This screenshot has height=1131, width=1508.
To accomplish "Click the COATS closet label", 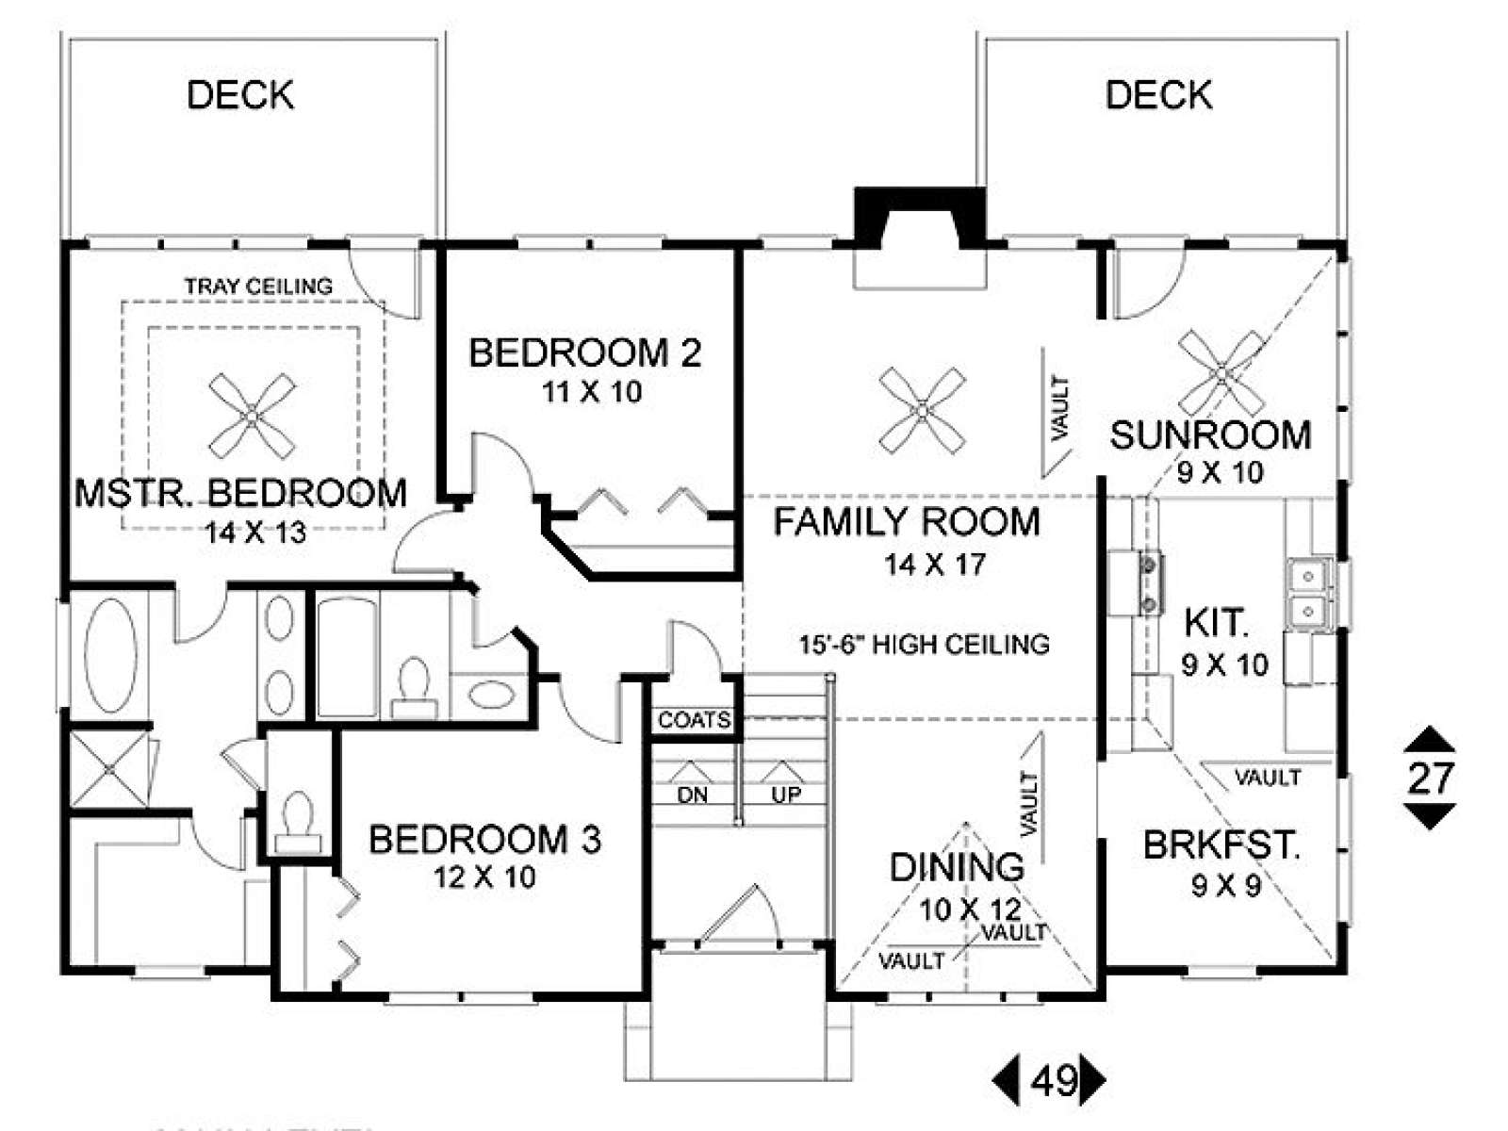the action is (694, 720).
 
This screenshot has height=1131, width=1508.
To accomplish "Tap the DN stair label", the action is (692, 795).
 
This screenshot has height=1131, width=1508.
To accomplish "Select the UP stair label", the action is (786, 795).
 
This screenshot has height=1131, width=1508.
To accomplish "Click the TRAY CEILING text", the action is (258, 287).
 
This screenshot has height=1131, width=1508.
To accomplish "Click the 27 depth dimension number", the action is (1430, 779).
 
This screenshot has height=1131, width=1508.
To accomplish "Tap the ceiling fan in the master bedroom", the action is (253, 417).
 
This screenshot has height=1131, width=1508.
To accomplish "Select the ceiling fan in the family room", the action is (923, 411).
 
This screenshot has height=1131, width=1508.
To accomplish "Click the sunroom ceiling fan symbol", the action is (1221, 374).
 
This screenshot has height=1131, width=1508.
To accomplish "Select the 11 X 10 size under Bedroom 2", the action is (592, 393).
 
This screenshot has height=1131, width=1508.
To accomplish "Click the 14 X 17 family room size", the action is (935, 565).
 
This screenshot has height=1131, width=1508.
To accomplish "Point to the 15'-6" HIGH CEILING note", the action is (924, 644).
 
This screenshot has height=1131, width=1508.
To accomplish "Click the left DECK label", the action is (240, 95).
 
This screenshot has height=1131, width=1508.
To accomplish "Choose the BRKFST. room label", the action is (1221, 845).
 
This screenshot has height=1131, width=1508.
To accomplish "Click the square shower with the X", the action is (110, 769).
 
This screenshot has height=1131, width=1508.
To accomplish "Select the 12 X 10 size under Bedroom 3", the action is (484, 877).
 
